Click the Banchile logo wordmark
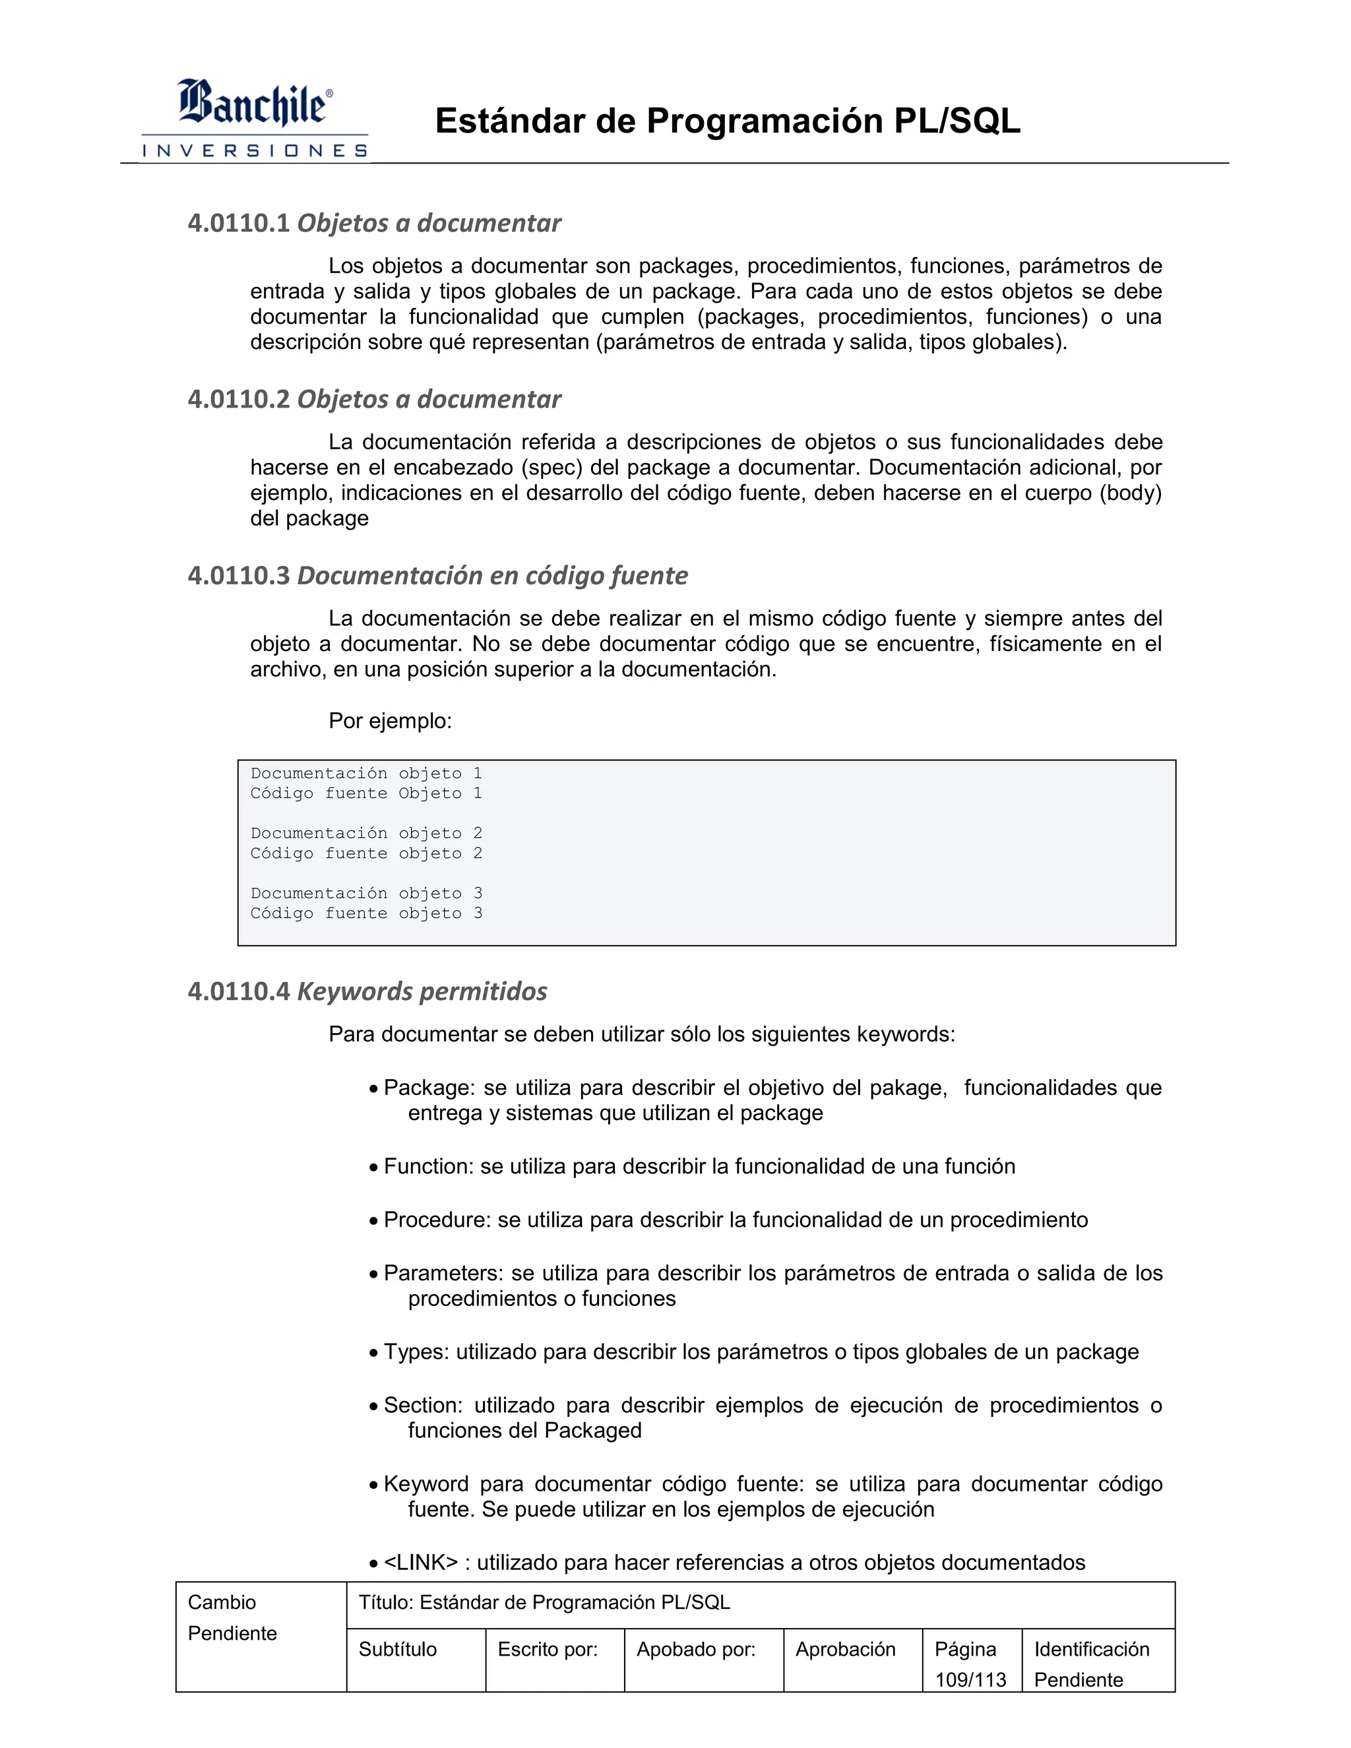coord(253,104)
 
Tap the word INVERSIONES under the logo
coord(255,150)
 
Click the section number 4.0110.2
coord(239,398)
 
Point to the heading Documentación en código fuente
coord(492,575)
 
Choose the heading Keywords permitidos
coord(422,991)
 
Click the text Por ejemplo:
coord(390,721)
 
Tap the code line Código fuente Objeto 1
coord(365,793)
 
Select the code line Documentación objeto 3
coord(365,893)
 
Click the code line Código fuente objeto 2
coord(365,853)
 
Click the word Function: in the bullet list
coord(428,1166)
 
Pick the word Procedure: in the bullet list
coord(437,1220)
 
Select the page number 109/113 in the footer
coord(970,1679)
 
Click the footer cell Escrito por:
coord(548,1649)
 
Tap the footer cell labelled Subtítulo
coord(398,1649)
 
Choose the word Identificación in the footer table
coord(1091,1649)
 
